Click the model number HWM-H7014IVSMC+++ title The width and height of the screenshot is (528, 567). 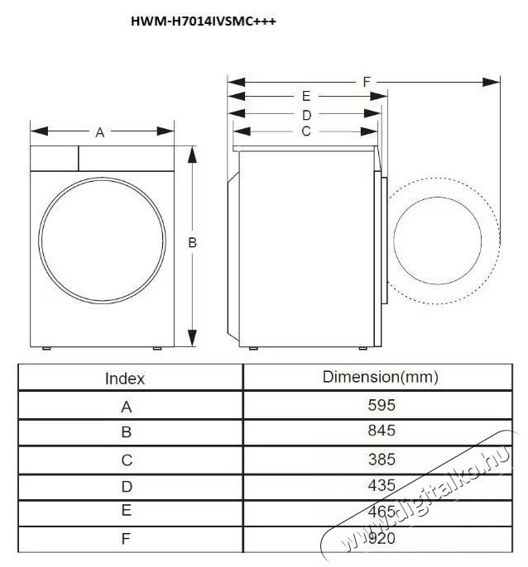coord(203,22)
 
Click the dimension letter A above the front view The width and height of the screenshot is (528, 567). coord(100,131)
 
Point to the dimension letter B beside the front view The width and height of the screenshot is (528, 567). coord(192,242)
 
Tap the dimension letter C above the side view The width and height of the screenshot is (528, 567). coord(305,131)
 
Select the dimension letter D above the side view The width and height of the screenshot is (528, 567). coord(305,114)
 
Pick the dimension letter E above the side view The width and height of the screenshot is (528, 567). coord(305,97)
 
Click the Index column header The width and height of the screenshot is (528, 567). coord(125,379)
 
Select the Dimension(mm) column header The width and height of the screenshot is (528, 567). coord(380,377)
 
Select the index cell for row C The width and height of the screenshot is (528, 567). coord(126,460)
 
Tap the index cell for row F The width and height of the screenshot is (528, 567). coord(126,539)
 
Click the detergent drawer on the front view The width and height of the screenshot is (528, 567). coord(55,157)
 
